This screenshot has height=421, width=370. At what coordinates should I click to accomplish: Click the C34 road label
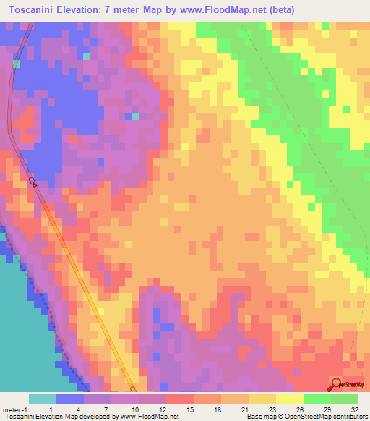click(x=33, y=182)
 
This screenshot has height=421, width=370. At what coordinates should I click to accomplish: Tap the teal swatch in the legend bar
click(x=42, y=399)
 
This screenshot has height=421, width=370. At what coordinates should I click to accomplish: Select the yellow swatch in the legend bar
click(x=290, y=399)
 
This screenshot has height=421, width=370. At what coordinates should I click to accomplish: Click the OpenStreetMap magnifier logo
click(x=337, y=385)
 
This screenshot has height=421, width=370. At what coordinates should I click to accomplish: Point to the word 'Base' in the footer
click(x=254, y=417)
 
